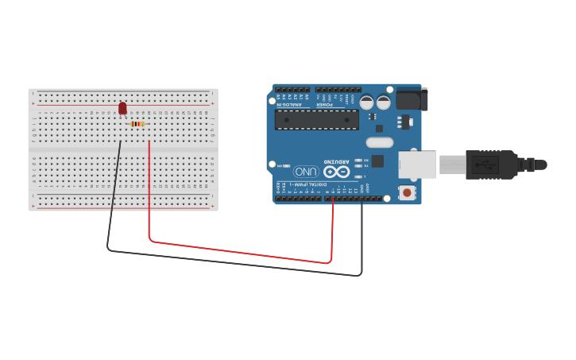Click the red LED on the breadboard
122,107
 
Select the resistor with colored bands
137,124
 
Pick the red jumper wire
238,250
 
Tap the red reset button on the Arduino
408,192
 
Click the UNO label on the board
306,172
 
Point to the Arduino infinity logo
336,172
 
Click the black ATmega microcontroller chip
316,120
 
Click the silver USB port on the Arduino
416,164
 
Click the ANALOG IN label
289,104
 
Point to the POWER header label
325,104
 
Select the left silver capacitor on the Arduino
366,103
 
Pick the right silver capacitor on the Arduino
384,103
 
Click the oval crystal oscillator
380,143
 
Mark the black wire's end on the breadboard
120,142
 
